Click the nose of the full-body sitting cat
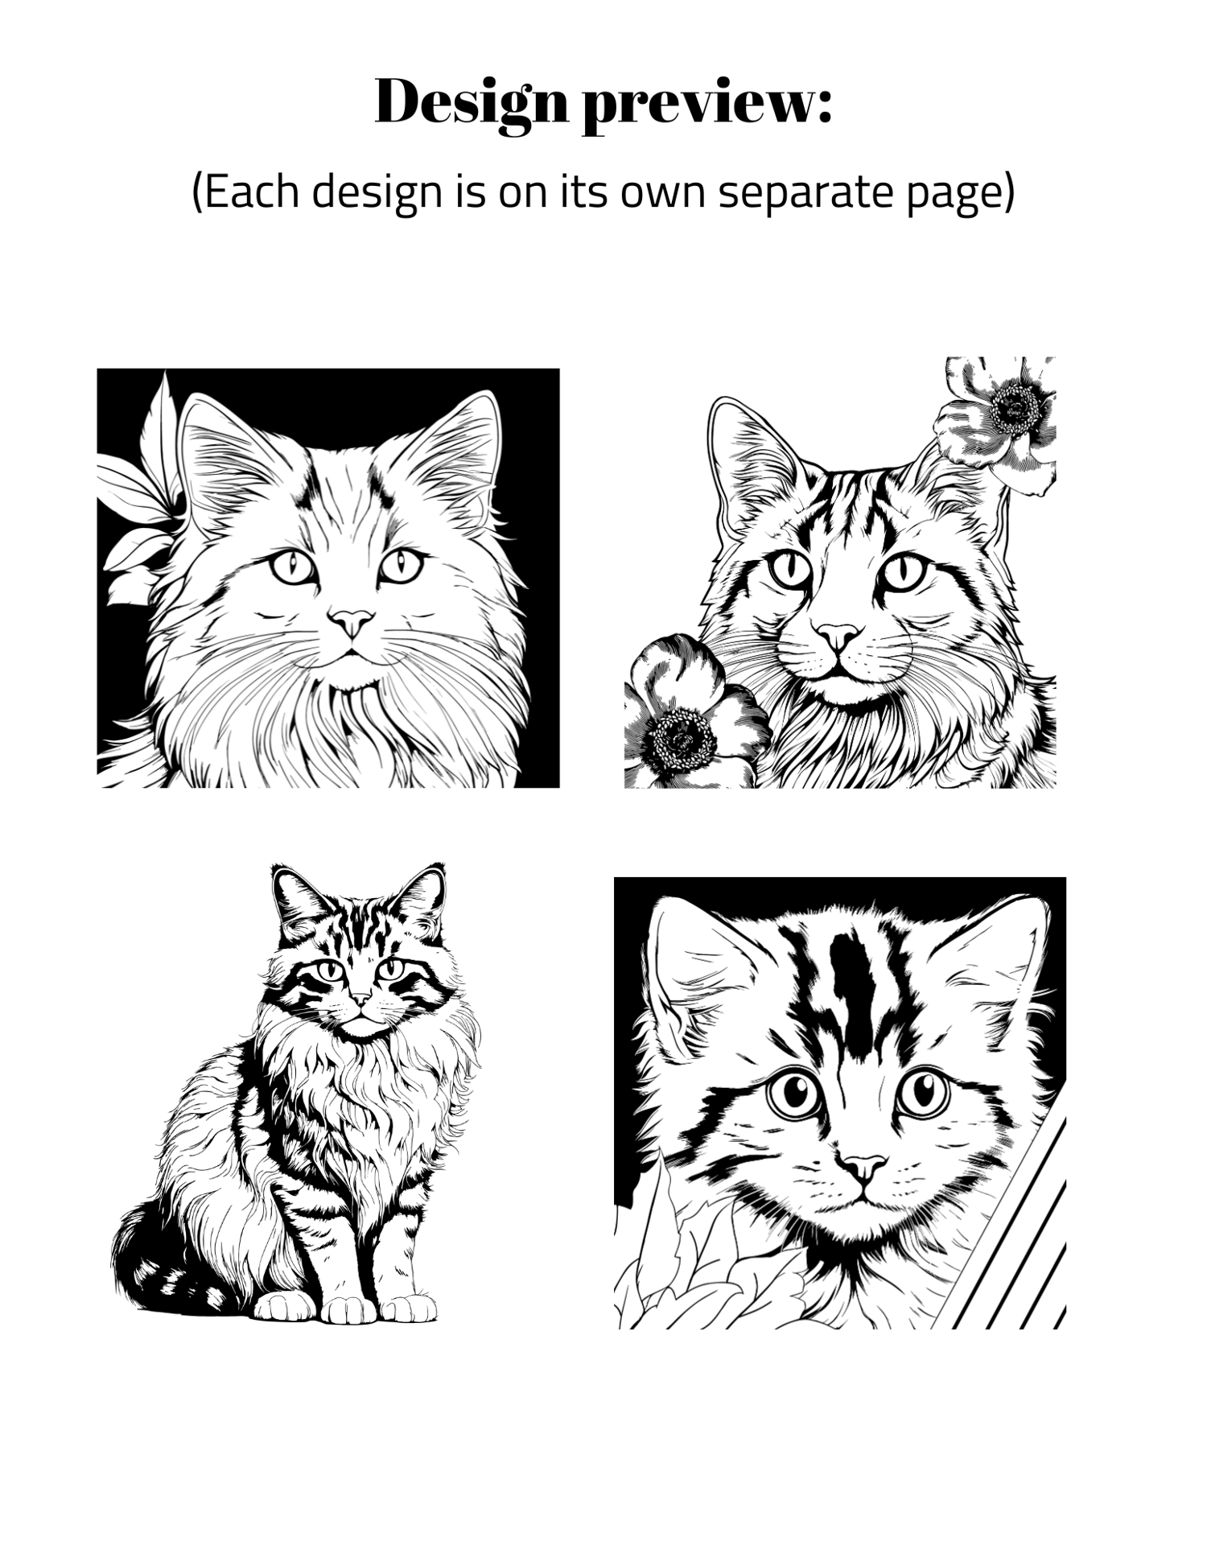click(x=360, y=999)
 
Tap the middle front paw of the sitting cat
click(x=348, y=1309)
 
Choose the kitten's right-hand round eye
click(x=922, y=1092)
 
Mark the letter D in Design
click(x=400, y=101)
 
